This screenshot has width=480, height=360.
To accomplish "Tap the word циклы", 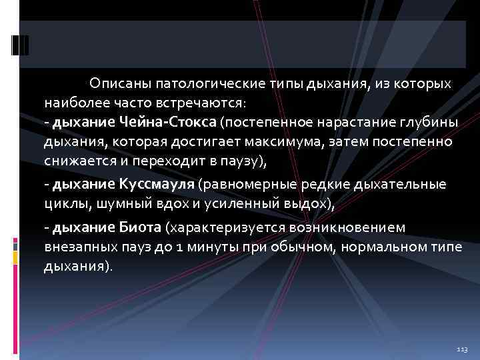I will tap(63, 203).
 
